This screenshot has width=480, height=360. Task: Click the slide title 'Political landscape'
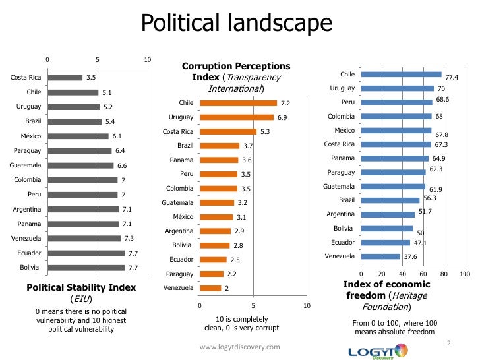(x=237, y=24)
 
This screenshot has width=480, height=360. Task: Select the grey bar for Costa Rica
(x=64, y=78)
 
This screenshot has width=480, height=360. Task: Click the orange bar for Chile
(x=238, y=103)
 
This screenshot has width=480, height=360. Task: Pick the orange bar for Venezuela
(x=210, y=288)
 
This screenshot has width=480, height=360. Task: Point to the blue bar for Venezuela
(x=380, y=256)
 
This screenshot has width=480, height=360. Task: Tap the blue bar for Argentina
(x=388, y=214)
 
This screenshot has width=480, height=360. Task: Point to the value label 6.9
(x=282, y=117)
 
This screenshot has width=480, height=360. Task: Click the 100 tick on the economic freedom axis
(x=464, y=273)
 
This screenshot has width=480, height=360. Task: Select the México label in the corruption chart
(x=183, y=217)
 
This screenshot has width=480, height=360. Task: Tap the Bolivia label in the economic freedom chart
(x=344, y=228)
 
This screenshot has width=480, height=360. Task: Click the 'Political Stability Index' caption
(x=81, y=287)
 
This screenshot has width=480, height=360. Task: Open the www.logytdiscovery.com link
(x=239, y=347)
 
